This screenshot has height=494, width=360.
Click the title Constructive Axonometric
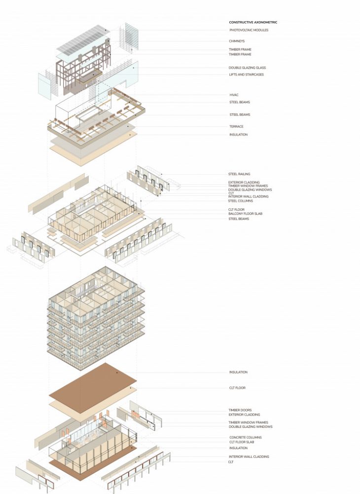[x=253, y=22]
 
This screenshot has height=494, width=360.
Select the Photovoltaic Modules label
[x=249, y=30]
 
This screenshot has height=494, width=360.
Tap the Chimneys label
[x=237, y=41]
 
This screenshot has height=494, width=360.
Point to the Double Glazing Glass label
[x=247, y=68]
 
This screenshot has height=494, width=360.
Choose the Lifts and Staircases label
[x=247, y=75]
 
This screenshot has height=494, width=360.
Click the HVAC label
[x=234, y=95]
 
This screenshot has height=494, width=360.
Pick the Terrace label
[x=237, y=126]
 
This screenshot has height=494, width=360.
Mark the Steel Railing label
[x=239, y=174]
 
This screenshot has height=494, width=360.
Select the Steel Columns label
[x=240, y=201]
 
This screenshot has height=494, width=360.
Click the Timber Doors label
[x=240, y=410]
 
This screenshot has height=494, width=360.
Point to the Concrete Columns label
[x=245, y=437]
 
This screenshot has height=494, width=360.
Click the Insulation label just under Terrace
[x=238, y=135]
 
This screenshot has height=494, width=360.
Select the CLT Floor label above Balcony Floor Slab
[x=237, y=209]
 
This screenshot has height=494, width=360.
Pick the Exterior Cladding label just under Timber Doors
[x=244, y=415]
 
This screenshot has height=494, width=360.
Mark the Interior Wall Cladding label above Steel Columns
[x=248, y=196]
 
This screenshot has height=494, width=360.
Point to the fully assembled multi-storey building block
[x=96, y=318]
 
